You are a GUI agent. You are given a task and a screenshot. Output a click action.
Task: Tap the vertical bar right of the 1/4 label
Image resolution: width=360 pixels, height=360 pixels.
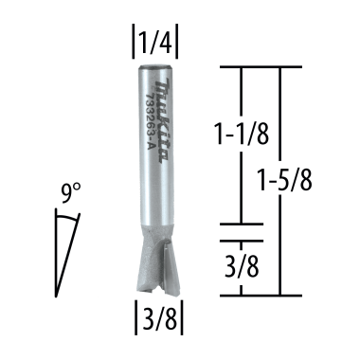pos(179,42)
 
